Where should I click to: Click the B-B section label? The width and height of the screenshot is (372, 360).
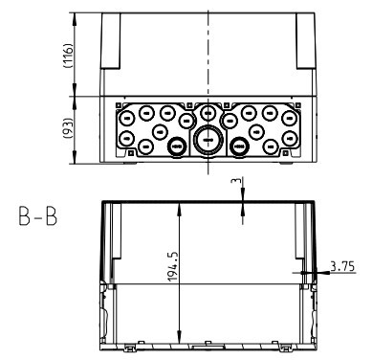[x=32, y=214]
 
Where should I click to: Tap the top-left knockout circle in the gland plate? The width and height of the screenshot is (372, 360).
[x=126, y=113]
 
